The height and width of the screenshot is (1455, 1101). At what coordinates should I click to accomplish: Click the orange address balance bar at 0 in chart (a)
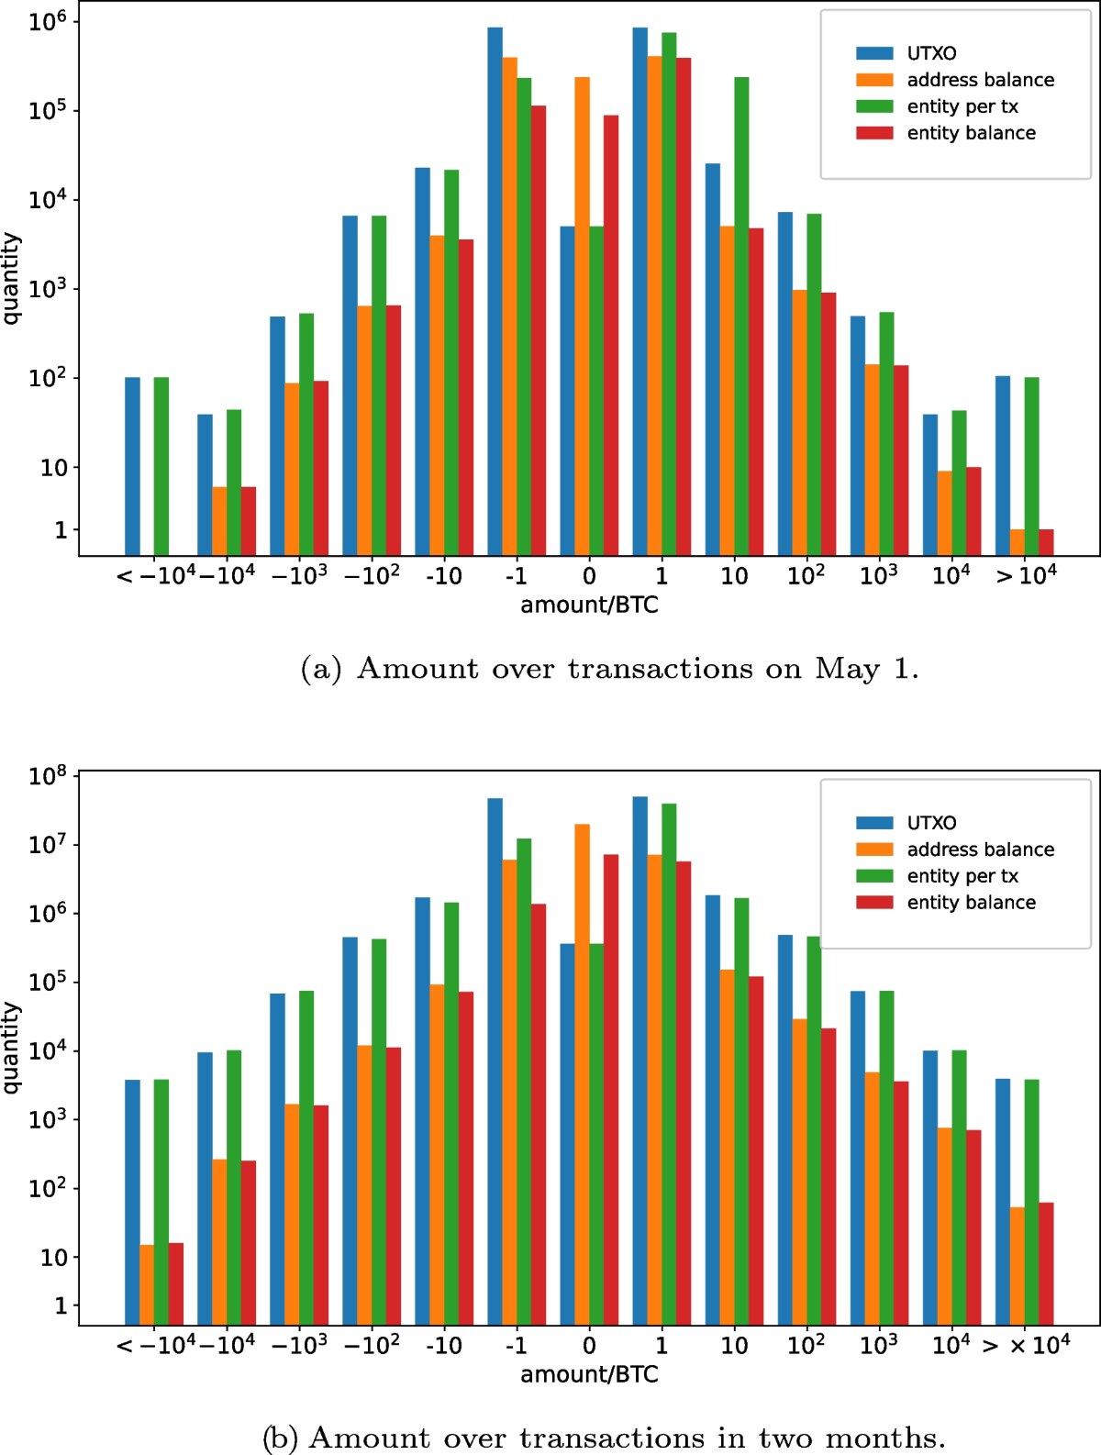pos(582,317)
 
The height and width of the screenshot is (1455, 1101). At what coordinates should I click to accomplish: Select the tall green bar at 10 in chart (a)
pos(741,317)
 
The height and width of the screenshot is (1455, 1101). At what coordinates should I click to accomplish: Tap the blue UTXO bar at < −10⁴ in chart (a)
pos(132,466)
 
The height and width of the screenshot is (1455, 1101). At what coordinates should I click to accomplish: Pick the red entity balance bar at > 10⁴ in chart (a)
pos(1046,542)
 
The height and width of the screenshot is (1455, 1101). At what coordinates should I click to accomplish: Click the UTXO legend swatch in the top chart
pos(874,53)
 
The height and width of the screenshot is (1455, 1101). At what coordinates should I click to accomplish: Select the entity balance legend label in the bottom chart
pos(971,903)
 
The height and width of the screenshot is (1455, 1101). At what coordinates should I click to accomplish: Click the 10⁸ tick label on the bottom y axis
pos(48,776)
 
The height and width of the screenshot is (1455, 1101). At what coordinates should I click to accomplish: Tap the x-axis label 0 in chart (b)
pos(589,1346)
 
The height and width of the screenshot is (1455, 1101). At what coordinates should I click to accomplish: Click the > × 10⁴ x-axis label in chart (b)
pos(1026,1346)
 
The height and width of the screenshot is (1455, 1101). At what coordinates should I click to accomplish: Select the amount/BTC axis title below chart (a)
pos(589,605)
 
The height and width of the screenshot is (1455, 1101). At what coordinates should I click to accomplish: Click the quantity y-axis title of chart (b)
pos(11,1047)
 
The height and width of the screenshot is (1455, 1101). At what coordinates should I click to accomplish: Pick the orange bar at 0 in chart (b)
pos(582,1073)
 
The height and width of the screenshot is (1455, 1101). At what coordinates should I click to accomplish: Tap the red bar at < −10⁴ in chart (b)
pos(176,1283)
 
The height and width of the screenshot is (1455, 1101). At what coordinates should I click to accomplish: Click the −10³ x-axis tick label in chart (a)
pos(299,576)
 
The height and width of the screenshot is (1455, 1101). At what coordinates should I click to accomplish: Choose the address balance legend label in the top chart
pos(980,80)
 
